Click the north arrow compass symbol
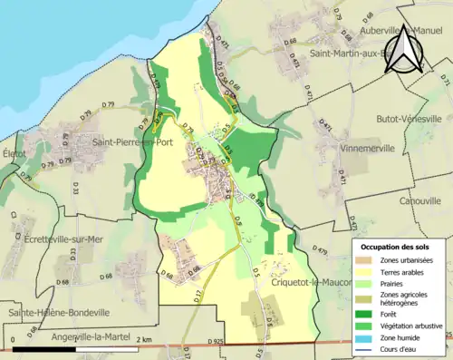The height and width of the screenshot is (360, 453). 405,50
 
